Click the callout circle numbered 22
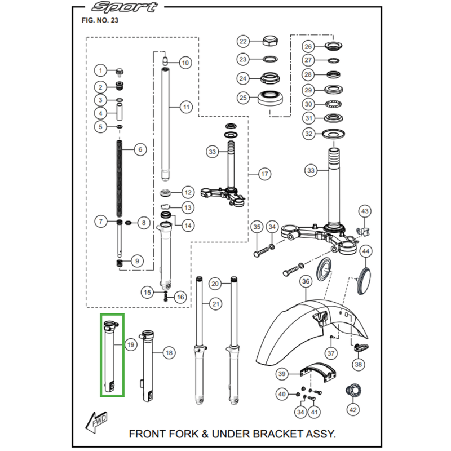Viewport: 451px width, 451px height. pyautogui.click(x=243, y=41)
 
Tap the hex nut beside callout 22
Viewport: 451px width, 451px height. pyautogui.click(x=271, y=41)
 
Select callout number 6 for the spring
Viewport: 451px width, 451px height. pyautogui.click(x=140, y=149)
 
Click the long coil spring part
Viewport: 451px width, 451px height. pyautogui.click(x=120, y=178)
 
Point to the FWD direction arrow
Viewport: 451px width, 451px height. pyautogui.click(x=96, y=422)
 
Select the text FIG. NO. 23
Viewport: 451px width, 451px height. pyautogui.click(x=100, y=20)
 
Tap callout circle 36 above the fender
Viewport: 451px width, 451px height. pyautogui.click(x=306, y=281)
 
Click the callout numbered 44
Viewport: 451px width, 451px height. pyautogui.click(x=365, y=251)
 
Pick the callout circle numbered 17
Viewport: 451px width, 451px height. pyautogui.click(x=264, y=174)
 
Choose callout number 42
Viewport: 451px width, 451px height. pyautogui.click(x=353, y=410)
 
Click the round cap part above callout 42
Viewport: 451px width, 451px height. pyautogui.click(x=353, y=391)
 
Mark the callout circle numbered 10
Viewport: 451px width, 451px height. pyautogui.click(x=185, y=63)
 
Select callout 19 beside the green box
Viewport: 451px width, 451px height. pyautogui.click(x=131, y=344)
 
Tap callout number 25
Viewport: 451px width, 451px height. pyautogui.click(x=243, y=98)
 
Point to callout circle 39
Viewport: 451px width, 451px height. pyautogui.click(x=282, y=374)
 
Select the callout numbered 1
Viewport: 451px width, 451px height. pyautogui.click(x=100, y=70)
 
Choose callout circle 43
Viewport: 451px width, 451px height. pyautogui.click(x=365, y=211)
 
